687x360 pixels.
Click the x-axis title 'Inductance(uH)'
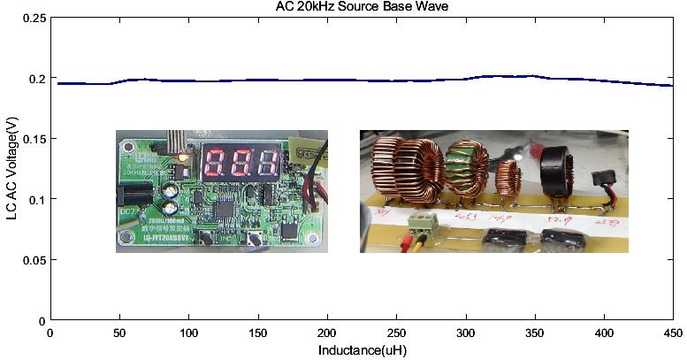(361, 350)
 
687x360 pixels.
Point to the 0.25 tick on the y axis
(34, 19)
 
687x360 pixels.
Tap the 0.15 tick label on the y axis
(34, 139)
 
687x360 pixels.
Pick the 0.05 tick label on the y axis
(34, 260)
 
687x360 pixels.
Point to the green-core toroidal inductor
(468, 166)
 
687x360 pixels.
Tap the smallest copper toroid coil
(508, 177)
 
